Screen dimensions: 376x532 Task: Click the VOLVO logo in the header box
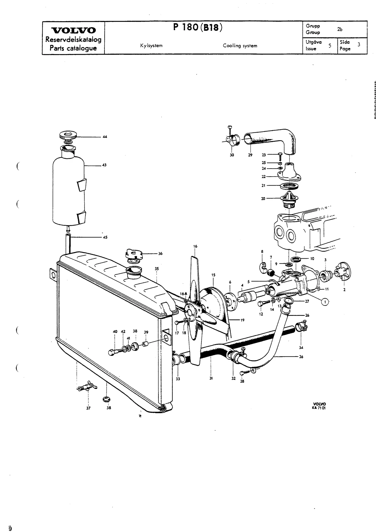(x=73, y=30)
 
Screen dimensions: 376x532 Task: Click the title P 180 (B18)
(x=198, y=27)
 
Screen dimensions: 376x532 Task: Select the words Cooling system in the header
(x=240, y=46)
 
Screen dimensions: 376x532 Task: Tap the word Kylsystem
(x=151, y=46)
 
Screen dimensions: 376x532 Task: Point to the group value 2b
(x=340, y=29)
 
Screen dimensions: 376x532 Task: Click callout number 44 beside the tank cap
(x=105, y=137)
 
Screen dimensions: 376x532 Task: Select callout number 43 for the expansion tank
(x=104, y=165)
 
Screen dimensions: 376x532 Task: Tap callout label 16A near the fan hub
(x=184, y=294)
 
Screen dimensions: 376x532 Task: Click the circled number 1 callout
(x=325, y=302)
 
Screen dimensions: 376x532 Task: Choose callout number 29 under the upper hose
(x=250, y=155)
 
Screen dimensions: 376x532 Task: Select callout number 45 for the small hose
(x=105, y=237)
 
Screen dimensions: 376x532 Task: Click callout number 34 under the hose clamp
(x=301, y=348)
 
